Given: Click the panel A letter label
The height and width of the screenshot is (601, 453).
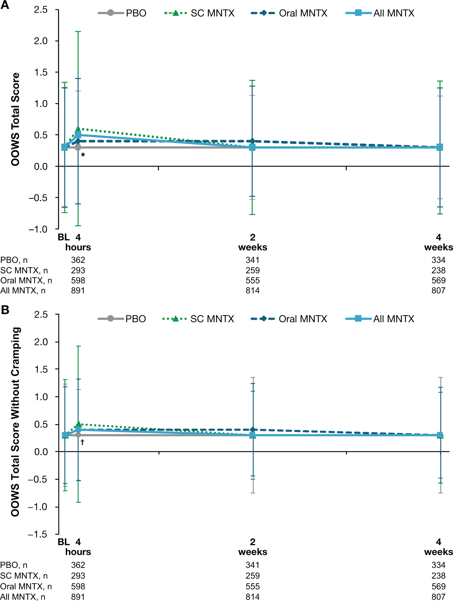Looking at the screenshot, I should [x=5, y=5].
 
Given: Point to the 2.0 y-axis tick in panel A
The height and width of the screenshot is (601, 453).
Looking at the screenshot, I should [x=41, y=41].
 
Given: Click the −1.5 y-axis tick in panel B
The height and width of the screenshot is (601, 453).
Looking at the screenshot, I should [x=38, y=534].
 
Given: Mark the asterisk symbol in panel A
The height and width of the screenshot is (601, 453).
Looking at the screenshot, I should [x=83, y=155].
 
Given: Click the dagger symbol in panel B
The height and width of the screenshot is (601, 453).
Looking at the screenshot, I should [x=82, y=442].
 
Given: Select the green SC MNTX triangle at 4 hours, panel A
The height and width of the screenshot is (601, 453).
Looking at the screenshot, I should [x=78, y=129].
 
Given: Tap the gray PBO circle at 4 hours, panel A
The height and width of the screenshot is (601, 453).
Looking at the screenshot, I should [x=78, y=147].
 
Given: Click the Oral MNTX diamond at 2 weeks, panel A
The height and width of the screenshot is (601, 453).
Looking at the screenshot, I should [x=252, y=141].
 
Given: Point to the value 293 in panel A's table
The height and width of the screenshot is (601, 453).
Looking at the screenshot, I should [x=78, y=270].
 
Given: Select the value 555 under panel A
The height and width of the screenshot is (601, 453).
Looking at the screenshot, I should [x=253, y=280].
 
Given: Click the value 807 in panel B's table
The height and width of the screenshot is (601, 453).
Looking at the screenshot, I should [x=438, y=597].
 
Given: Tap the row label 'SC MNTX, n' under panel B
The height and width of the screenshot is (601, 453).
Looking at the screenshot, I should [x=24, y=576].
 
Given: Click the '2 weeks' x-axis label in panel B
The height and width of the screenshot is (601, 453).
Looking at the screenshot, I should [x=253, y=547].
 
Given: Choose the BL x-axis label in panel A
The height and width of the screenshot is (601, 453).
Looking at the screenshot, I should [x=63, y=237].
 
